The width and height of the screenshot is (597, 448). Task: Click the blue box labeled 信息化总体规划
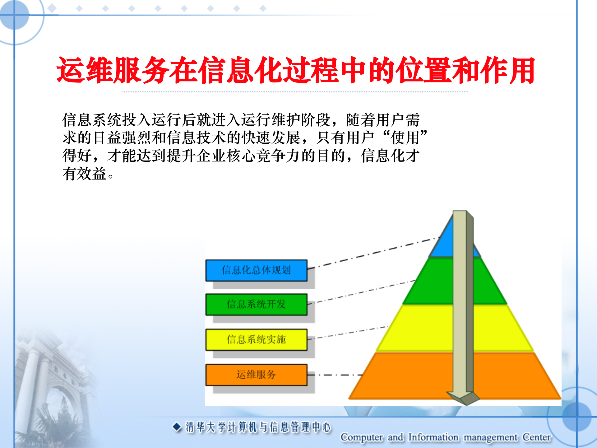tap(256, 270)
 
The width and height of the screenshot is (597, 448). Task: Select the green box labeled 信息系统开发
tap(256, 304)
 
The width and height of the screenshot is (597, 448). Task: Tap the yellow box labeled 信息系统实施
tap(256, 339)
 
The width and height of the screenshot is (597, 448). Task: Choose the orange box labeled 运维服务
tap(256, 375)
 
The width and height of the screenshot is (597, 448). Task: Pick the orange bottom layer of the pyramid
tap(404, 376)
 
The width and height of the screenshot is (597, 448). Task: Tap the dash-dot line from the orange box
tap(336, 375)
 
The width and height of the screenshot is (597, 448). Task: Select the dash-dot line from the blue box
tap(373, 253)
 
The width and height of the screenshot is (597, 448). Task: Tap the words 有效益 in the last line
tap(85, 174)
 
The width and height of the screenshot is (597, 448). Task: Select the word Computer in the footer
tap(362, 437)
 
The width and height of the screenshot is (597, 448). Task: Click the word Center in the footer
tap(536, 437)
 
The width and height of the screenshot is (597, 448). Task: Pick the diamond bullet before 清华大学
tap(177, 427)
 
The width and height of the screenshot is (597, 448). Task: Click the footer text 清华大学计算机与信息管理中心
tap(258, 427)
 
